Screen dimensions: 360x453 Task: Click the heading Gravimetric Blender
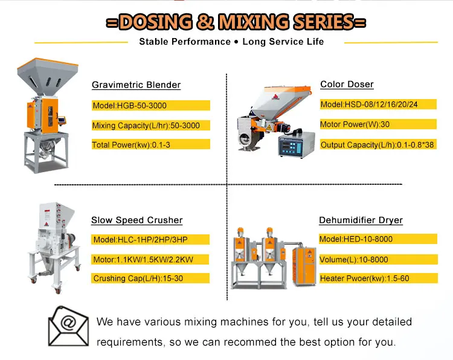[136, 85]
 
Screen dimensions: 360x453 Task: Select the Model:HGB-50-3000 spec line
[130, 106]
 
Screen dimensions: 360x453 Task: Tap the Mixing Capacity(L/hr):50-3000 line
[146, 126]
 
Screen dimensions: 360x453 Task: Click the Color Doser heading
[347, 85]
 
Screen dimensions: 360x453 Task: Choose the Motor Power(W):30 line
[355, 124]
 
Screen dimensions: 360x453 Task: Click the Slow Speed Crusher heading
[137, 220]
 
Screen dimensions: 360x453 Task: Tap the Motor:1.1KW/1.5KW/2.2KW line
[143, 259]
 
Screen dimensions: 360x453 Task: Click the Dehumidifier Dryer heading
[361, 220]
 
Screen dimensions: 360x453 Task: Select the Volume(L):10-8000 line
[354, 259]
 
